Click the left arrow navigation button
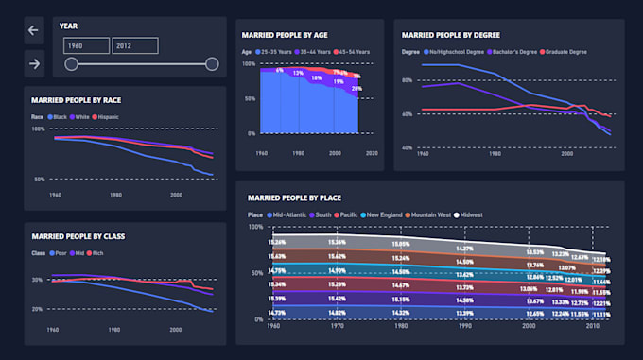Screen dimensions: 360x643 coord(34,30)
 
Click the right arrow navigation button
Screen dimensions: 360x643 coord(34,63)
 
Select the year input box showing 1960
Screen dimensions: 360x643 coord(86,45)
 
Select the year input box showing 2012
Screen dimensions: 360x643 coord(133,45)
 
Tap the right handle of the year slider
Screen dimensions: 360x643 coord(212,64)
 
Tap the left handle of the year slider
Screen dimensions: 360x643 coord(71,64)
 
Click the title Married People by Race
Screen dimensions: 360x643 coord(76,99)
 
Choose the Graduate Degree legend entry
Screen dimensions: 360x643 coord(565,51)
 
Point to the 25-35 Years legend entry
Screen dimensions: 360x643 coord(273,51)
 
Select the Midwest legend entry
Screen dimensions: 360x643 coord(469,214)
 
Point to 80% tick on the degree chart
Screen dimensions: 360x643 coord(407,80)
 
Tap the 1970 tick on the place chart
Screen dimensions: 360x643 coord(337,325)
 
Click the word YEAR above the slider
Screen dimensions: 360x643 coord(68,26)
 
